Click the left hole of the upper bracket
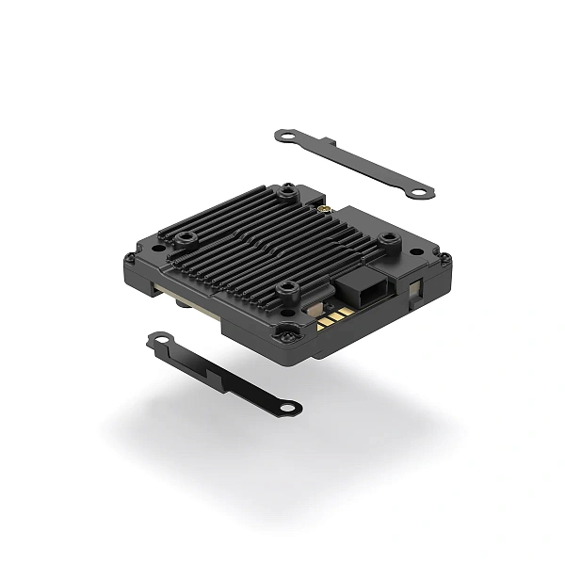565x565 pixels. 282,136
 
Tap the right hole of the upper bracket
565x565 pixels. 421,191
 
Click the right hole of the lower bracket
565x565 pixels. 291,407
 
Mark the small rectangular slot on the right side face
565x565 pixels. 416,282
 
